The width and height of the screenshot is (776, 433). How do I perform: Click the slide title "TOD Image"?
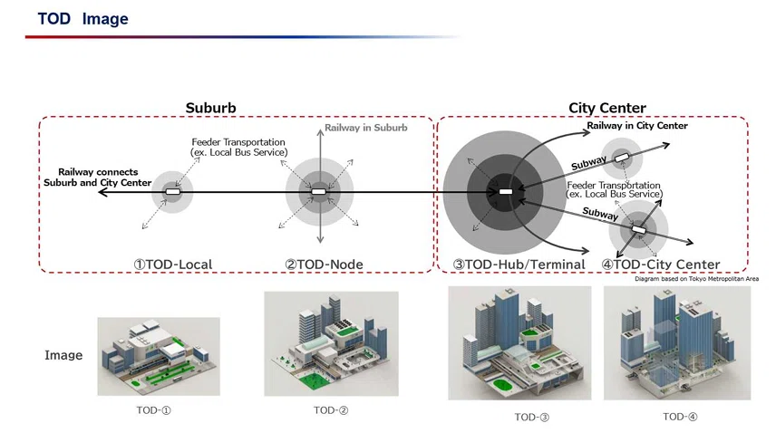pyautogui.click(x=83, y=19)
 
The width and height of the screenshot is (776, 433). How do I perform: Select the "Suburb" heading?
pyautogui.click(x=211, y=108)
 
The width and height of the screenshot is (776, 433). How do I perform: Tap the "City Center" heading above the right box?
pyautogui.click(x=607, y=108)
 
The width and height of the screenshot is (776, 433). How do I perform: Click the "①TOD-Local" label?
pyautogui.click(x=173, y=265)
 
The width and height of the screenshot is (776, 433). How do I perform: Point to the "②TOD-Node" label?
pyautogui.click(x=325, y=265)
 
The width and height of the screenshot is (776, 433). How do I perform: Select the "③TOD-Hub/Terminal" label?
pyautogui.click(x=519, y=265)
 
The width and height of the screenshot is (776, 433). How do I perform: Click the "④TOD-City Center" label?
pyautogui.click(x=661, y=265)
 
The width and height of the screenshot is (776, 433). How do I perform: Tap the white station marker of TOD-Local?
pyautogui.click(x=173, y=192)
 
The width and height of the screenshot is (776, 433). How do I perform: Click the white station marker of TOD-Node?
pyautogui.click(x=319, y=192)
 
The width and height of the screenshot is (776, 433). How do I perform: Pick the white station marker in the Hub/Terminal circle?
pyautogui.click(x=506, y=192)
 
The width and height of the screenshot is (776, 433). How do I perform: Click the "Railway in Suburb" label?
pyautogui.click(x=366, y=128)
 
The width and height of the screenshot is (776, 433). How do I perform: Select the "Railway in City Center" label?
pyautogui.click(x=637, y=126)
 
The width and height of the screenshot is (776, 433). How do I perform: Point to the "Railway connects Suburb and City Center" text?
pyautogui.click(x=98, y=178)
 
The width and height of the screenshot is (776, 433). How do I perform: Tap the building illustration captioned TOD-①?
pyautogui.click(x=159, y=356)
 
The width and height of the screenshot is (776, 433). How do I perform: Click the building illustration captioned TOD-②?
pyautogui.click(x=331, y=343)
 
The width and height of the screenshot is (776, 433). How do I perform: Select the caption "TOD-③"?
pyautogui.click(x=531, y=418)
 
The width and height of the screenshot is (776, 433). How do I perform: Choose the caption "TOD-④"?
pyautogui.click(x=680, y=417)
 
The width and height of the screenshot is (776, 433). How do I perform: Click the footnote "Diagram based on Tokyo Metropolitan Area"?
pyautogui.click(x=697, y=279)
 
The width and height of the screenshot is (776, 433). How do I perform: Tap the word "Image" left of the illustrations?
pyautogui.click(x=63, y=355)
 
